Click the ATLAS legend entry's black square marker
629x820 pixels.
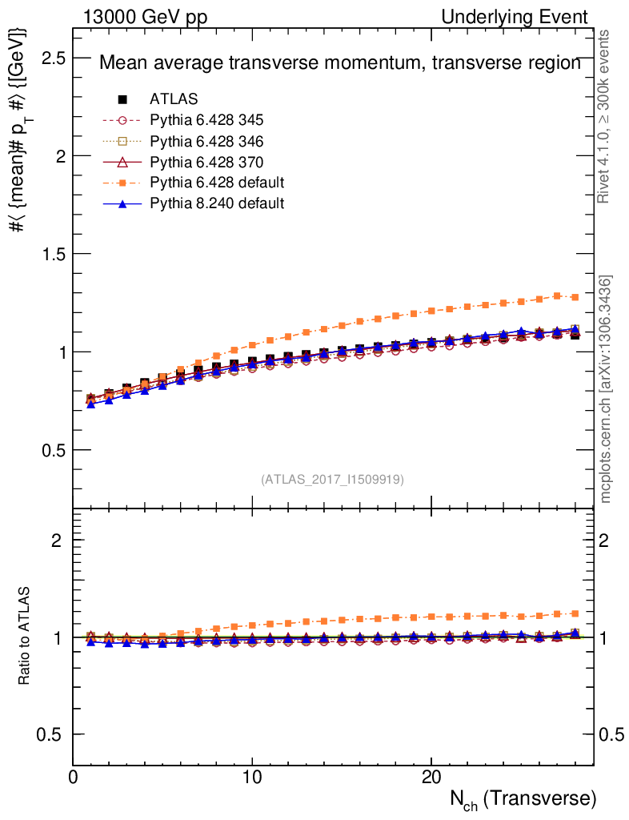coord(122,99)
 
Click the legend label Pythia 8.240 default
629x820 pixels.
coord(217,203)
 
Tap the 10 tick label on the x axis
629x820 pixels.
coord(252,778)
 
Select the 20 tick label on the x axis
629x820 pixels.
coord(431,778)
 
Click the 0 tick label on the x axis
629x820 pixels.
coord(73,778)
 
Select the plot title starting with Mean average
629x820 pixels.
coord(339,64)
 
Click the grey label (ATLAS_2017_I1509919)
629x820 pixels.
coord(332,480)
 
